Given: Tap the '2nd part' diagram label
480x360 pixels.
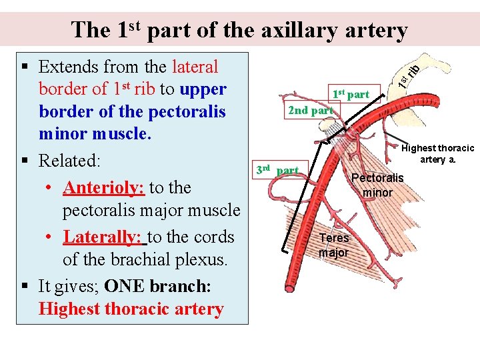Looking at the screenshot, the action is (310, 111).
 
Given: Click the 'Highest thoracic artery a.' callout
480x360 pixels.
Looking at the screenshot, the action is (438, 154).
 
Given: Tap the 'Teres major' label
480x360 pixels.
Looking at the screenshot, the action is (333, 245).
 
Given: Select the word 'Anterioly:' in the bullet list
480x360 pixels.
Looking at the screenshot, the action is (103, 188).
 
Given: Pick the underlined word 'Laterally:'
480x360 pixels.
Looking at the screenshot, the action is (103, 237).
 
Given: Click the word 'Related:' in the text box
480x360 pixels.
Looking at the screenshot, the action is (70, 161).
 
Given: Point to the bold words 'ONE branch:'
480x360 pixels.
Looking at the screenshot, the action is (158, 286).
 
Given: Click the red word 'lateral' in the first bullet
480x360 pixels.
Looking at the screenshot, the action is (195, 67).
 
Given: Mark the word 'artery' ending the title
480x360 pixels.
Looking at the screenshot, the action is (373, 30).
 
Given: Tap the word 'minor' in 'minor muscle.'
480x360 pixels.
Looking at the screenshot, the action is (61, 134).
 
